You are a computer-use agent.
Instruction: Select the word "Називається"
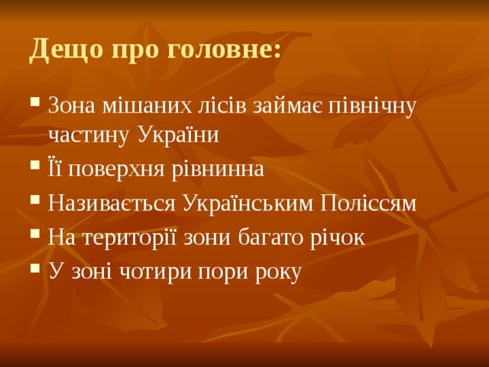pyautogui.click(x=112, y=204)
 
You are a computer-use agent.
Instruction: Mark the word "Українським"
pyautogui.click(x=248, y=204)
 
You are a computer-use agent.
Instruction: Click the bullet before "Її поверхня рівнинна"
pyautogui.click(x=37, y=169)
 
